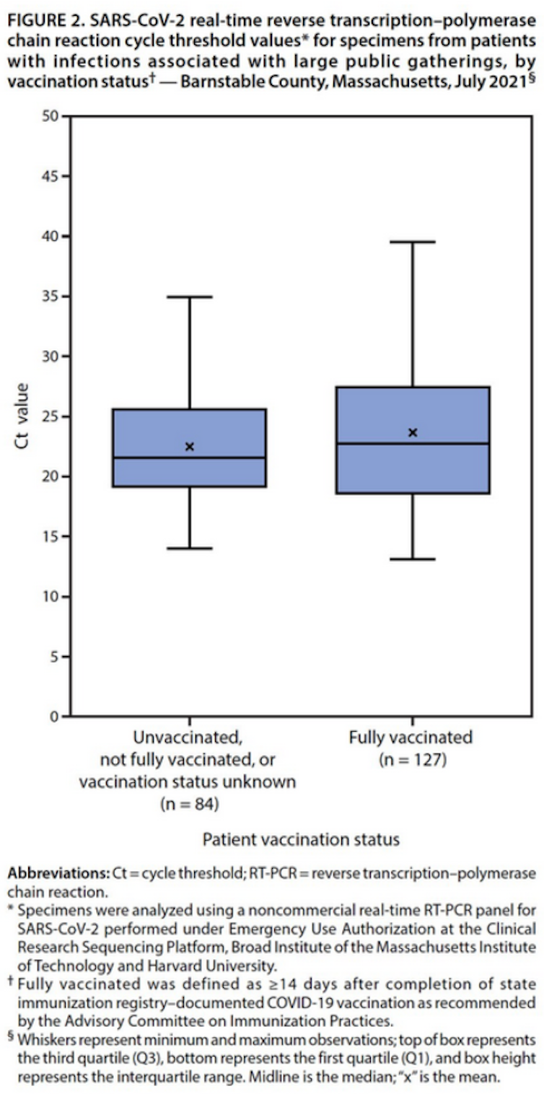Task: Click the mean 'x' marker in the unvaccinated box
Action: tap(190, 447)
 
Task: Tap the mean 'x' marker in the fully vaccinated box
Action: tap(413, 432)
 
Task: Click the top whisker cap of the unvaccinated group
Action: tap(190, 297)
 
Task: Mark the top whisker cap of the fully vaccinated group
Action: tap(413, 242)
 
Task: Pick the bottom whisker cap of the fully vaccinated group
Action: tap(413, 559)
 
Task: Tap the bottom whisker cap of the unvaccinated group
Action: tap(190, 548)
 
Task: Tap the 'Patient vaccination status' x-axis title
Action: tap(301, 839)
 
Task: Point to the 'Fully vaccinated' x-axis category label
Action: tap(411, 738)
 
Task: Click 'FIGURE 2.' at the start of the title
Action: tap(42, 13)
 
